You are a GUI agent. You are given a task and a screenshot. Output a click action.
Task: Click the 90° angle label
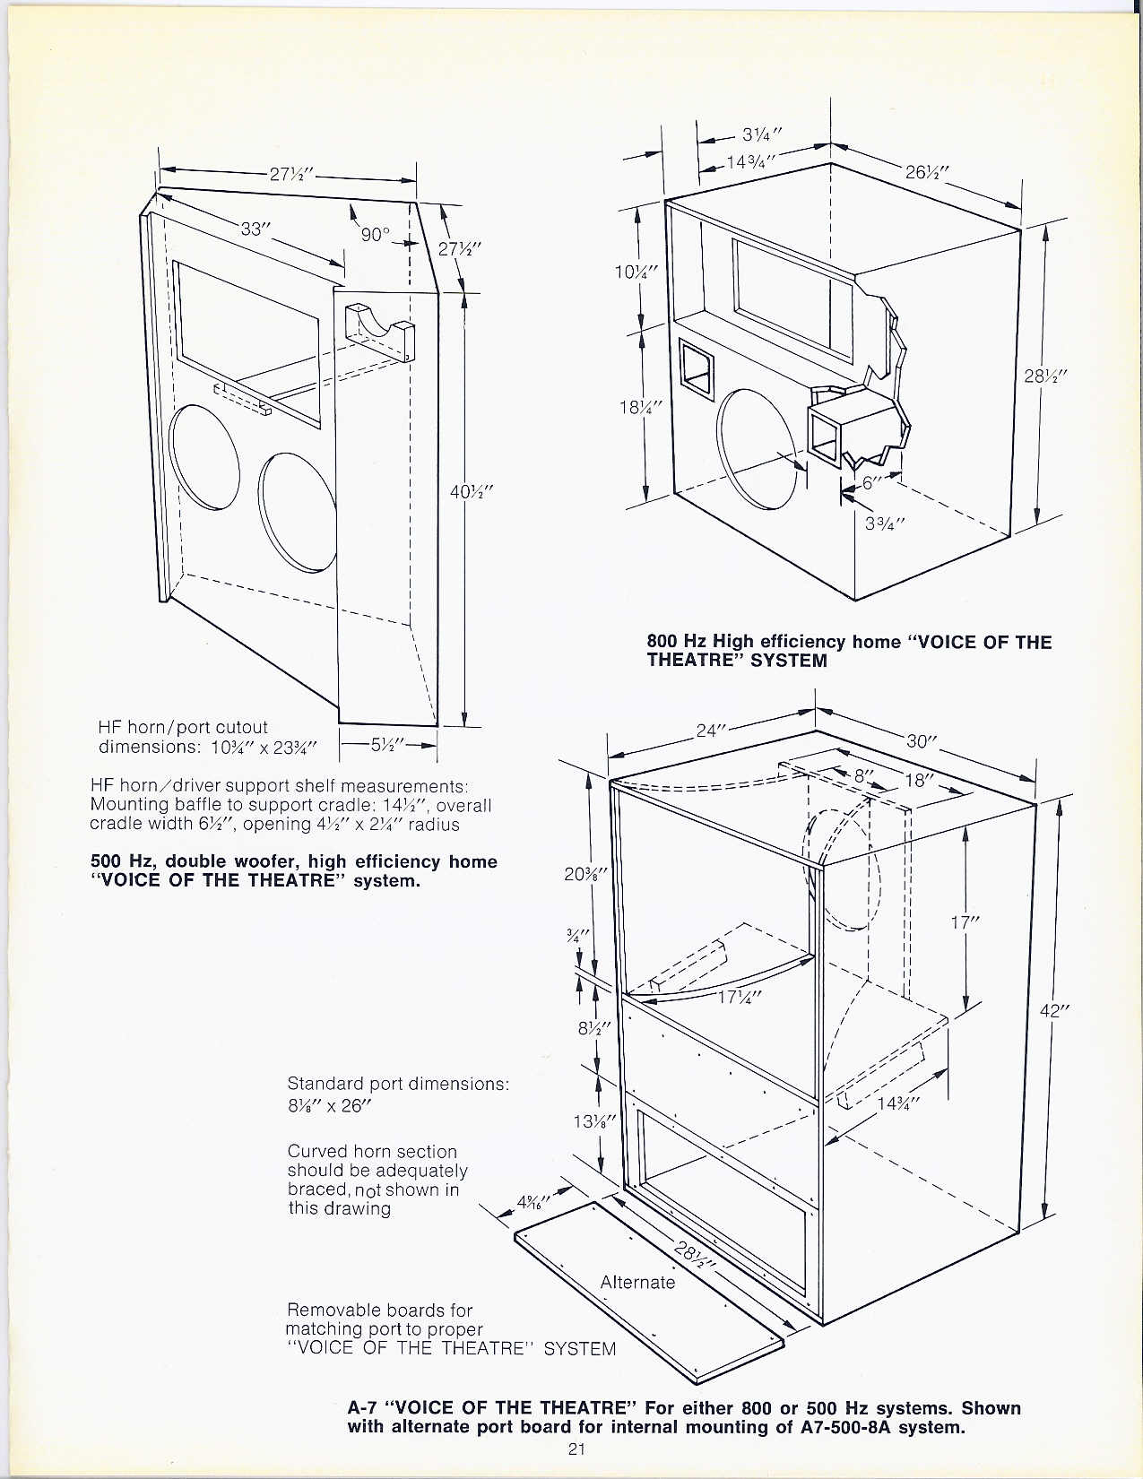(375, 234)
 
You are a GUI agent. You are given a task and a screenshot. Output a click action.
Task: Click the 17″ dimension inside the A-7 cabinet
(965, 921)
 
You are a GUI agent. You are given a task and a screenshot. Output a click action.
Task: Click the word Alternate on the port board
(637, 1282)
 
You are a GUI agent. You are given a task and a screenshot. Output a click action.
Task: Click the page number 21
(576, 1449)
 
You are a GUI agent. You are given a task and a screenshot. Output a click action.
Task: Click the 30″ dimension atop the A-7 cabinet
(921, 741)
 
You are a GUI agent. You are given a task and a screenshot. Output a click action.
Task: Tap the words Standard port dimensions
(398, 1083)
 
